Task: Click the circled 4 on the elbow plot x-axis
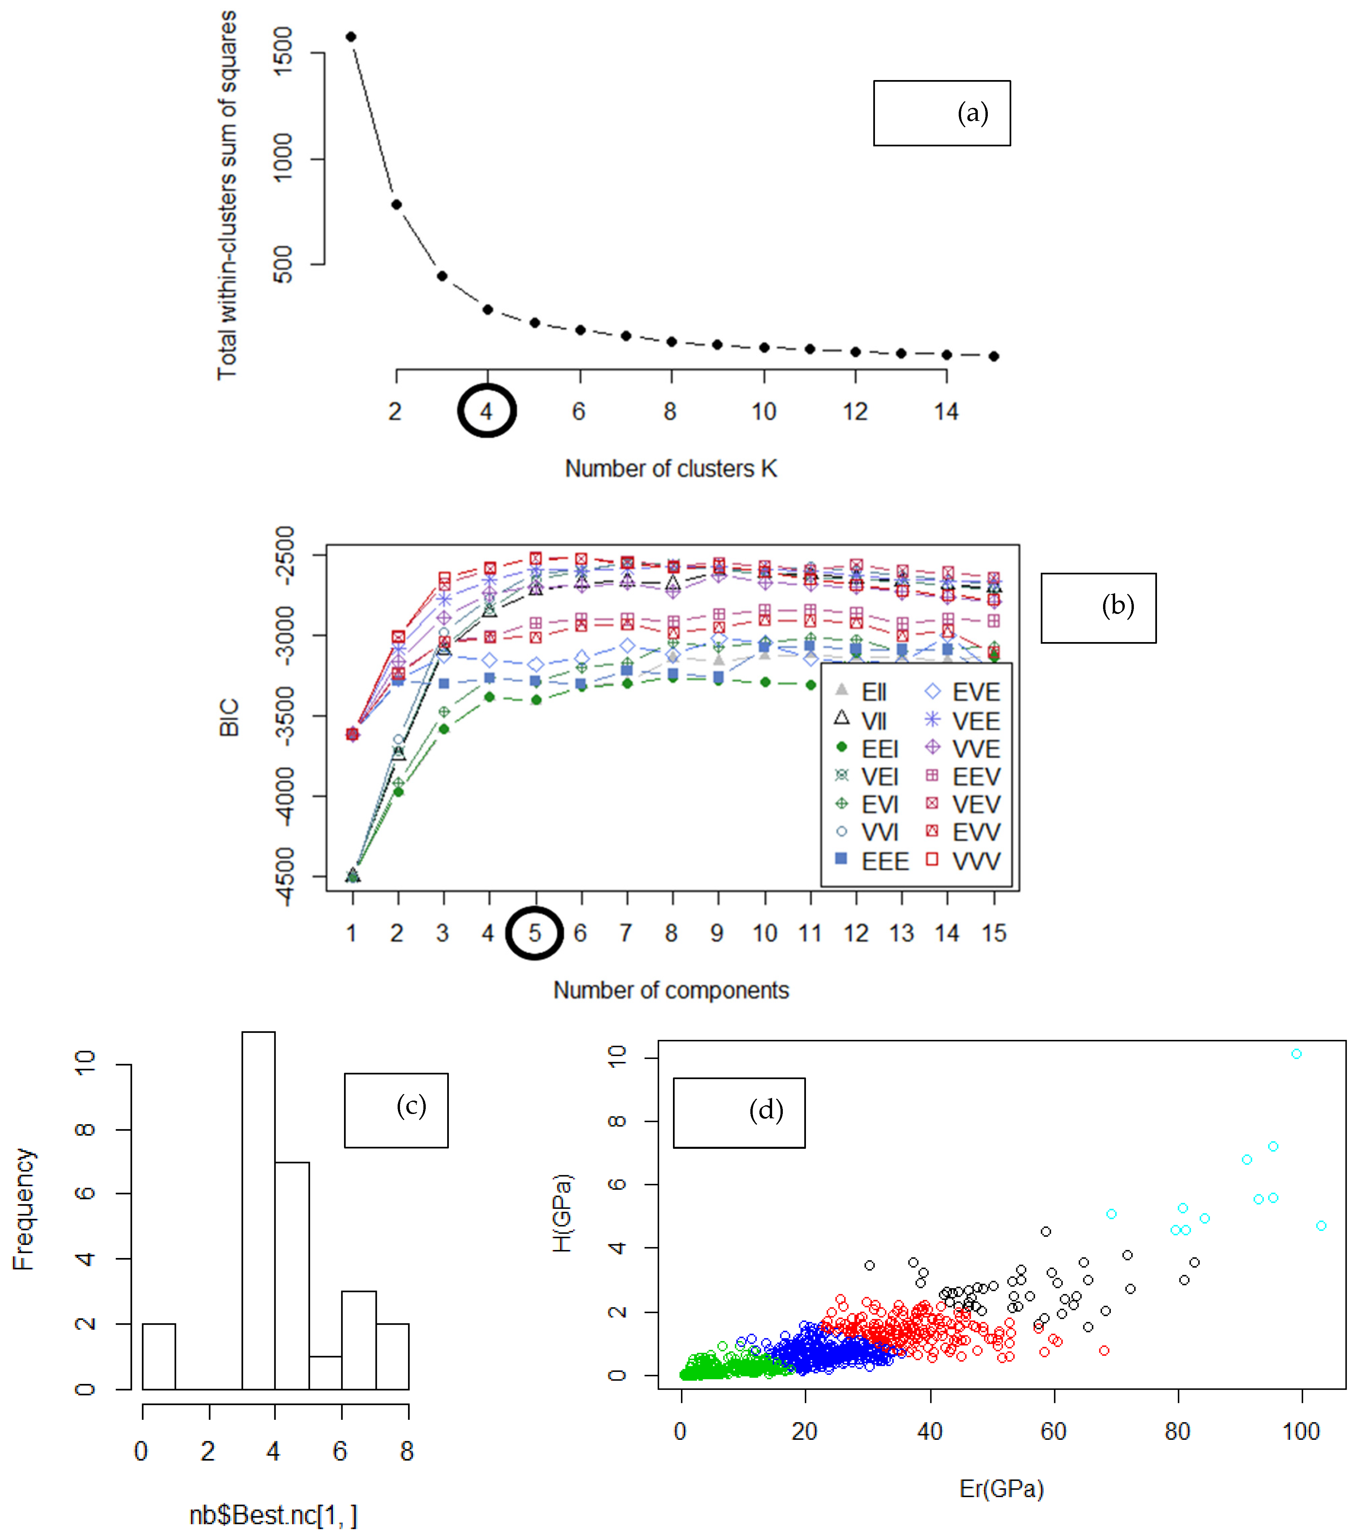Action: (487, 411)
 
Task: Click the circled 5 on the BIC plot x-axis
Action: (534, 933)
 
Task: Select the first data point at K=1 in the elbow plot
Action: (350, 37)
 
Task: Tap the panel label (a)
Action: (972, 113)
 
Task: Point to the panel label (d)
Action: (765, 1110)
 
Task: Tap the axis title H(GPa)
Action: (562, 1213)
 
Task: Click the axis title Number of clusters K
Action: (671, 469)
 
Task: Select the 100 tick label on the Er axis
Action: (1300, 1431)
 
